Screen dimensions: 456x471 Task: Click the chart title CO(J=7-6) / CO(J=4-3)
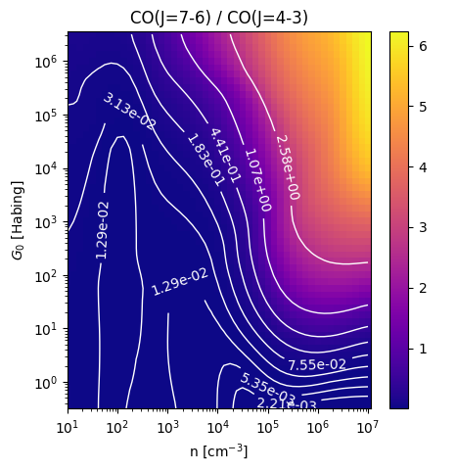219,18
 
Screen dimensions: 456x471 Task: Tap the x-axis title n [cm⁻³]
219,451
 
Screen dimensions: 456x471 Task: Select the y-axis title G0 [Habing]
18,220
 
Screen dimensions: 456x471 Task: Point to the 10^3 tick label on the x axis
168,427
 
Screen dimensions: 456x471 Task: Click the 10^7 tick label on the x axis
368,427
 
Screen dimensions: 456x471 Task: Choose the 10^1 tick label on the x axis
68,427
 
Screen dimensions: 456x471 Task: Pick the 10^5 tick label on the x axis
268,427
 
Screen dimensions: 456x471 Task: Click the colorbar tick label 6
423,46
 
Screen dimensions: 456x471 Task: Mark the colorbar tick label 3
423,227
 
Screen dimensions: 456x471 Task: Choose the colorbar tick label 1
423,349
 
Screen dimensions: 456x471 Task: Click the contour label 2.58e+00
288,167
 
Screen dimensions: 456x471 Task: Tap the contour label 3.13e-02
129,112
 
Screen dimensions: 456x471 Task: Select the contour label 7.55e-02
317,364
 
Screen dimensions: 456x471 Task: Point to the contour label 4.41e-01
225,156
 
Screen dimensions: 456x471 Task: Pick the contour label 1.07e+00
258,180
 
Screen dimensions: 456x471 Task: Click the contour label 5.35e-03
267,388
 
